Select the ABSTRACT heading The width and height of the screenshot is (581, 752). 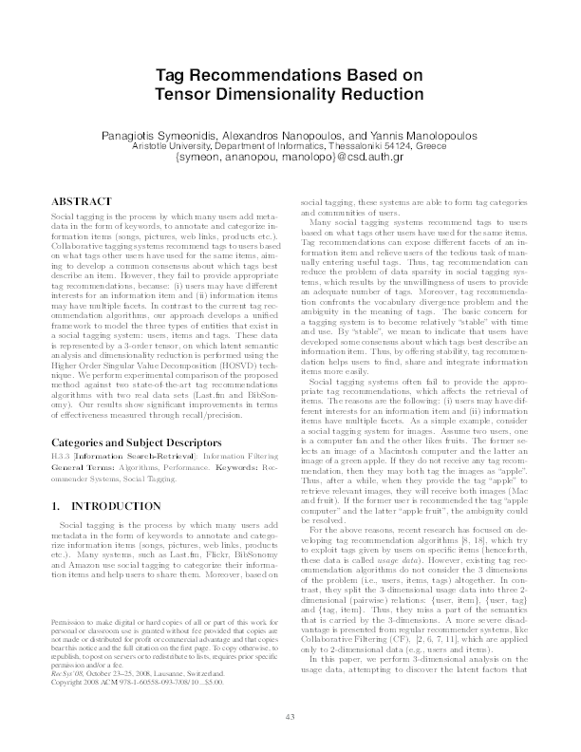(78, 203)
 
